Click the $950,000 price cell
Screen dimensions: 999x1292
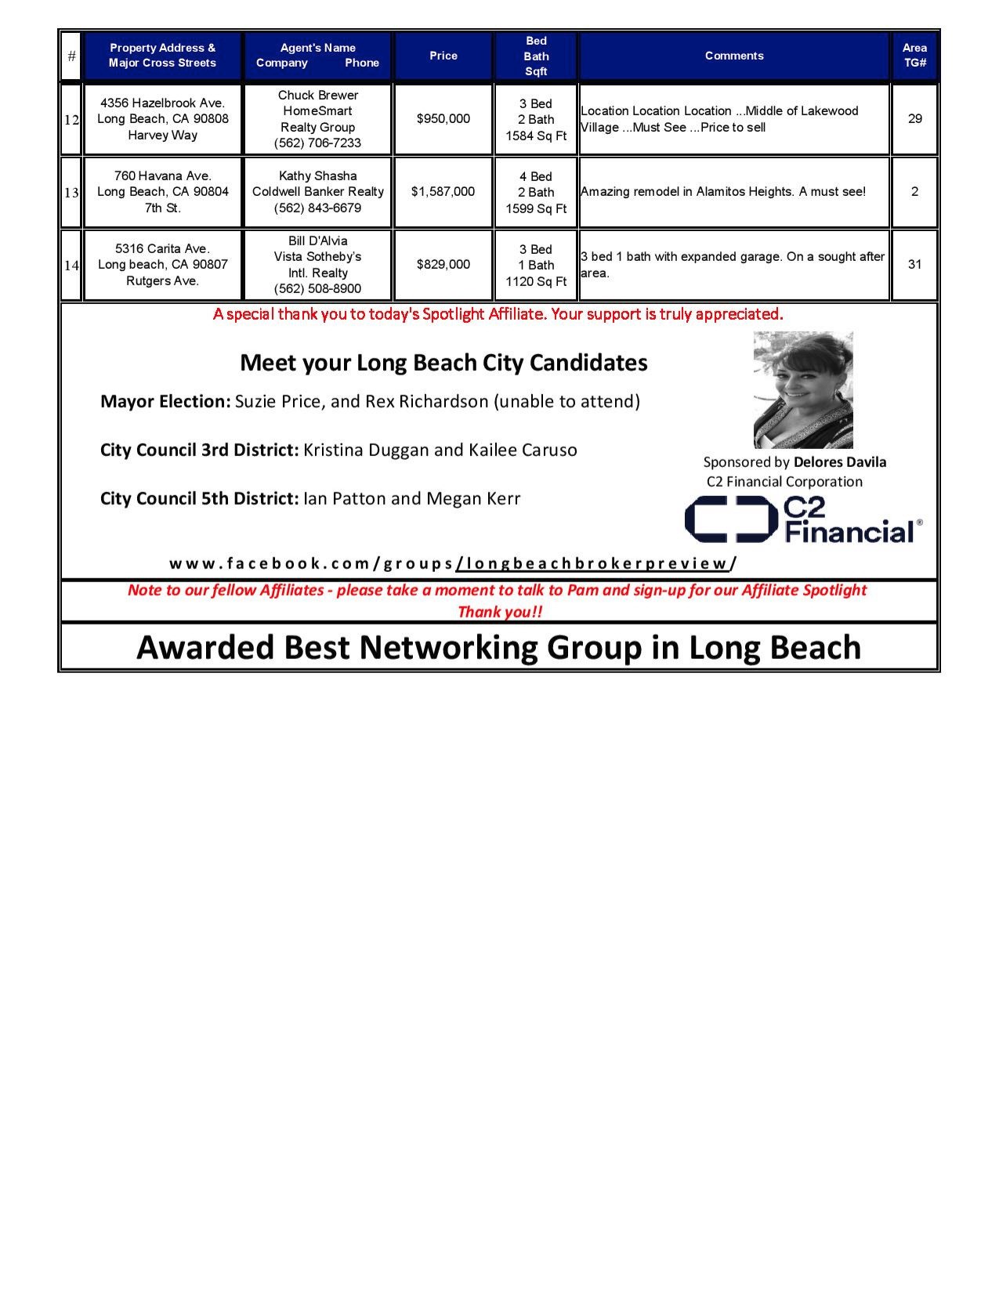tap(443, 119)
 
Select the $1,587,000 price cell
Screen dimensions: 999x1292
tap(443, 192)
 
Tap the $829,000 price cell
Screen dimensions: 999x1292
tap(443, 265)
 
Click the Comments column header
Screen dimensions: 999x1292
tap(733, 56)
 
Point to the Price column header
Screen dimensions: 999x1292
tap(443, 56)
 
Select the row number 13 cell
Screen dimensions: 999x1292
tap(71, 193)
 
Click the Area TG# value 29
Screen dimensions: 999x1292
tap(914, 119)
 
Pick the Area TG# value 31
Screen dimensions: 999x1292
tap(914, 265)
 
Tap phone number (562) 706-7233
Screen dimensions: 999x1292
tap(317, 143)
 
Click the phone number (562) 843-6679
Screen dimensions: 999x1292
tap(317, 208)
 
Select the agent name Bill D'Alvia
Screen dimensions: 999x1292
tap(317, 241)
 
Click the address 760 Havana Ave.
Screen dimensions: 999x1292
tap(163, 176)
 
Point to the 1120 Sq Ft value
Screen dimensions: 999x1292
tap(536, 281)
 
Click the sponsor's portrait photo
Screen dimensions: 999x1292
tap(803, 389)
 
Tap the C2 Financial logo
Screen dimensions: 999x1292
tap(803, 521)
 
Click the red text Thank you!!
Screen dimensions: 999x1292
tap(499, 612)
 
